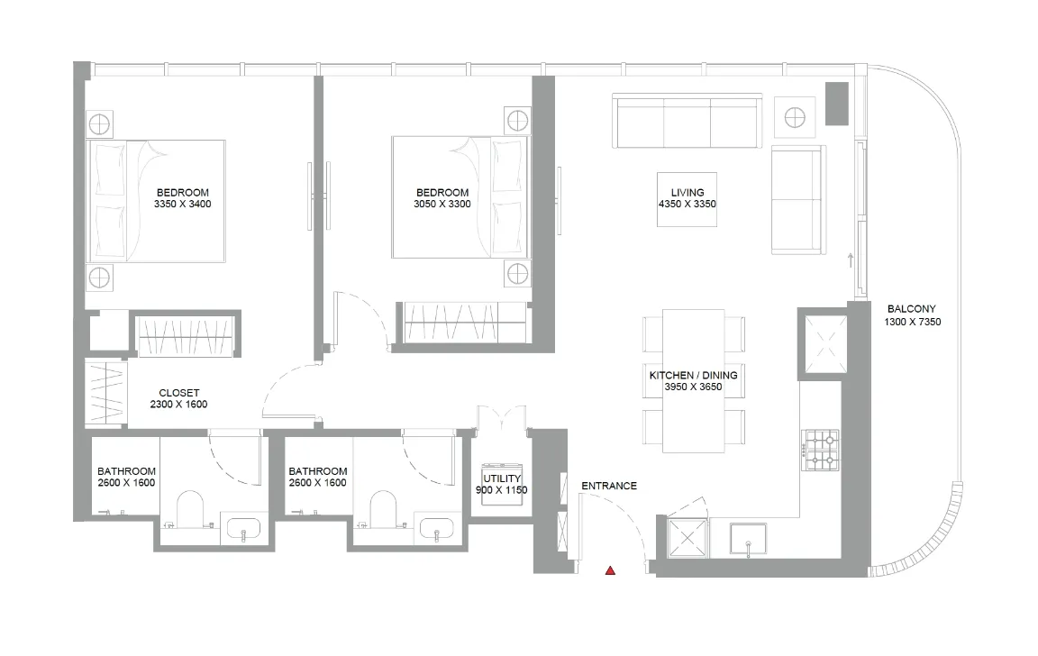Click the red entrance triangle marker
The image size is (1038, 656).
(x=611, y=570)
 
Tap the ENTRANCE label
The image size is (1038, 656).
(x=609, y=486)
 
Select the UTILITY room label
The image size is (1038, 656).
(x=501, y=478)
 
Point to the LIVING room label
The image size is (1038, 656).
(x=687, y=192)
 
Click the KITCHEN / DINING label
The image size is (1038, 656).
(x=694, y=375)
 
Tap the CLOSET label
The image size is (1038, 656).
(x=178, y=393)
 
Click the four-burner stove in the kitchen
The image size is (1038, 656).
(x=821, y=449)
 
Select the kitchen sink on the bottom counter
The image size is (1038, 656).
(x=747, y=539)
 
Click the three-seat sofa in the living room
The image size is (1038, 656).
(x=687, y=122)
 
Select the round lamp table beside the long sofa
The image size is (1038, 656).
(x=795, y=116)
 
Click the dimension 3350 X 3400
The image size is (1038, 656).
(x=183, y=204)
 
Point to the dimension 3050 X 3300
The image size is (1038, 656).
(x=442, y=204)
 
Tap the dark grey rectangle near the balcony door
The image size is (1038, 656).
(x=837, y=104)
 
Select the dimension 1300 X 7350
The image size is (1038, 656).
(x=913, y=321)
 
